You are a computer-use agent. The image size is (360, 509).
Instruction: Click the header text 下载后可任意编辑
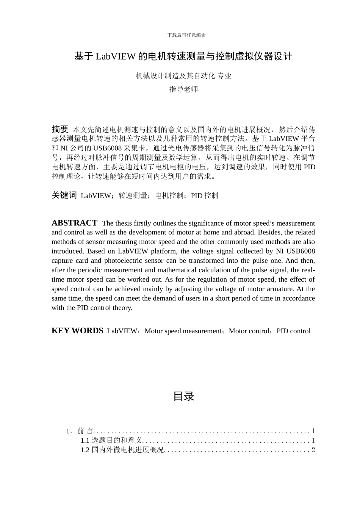[x=186, y=35]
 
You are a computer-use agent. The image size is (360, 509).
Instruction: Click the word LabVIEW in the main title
[x=116, y=57]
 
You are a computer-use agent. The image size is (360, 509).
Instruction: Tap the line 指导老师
[x=183, y=89]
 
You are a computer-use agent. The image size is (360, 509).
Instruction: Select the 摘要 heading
[x=60, y=129]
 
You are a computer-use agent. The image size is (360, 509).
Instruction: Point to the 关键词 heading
[x=64, y=195]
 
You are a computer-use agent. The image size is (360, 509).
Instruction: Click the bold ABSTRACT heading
[x=74, y=223]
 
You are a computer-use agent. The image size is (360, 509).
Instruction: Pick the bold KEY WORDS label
[x=77, y=331]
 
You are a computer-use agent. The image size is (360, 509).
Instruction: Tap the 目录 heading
[x=183, y=397]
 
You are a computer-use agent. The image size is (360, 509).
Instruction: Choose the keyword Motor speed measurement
[x=183, y=331]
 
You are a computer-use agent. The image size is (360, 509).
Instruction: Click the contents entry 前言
[x=85, y=431]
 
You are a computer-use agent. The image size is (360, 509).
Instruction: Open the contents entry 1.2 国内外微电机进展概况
[x=122, y=450]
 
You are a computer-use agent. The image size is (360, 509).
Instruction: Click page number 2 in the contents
[x=313, y=450]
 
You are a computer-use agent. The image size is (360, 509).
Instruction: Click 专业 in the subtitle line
[x=224, y=76]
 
